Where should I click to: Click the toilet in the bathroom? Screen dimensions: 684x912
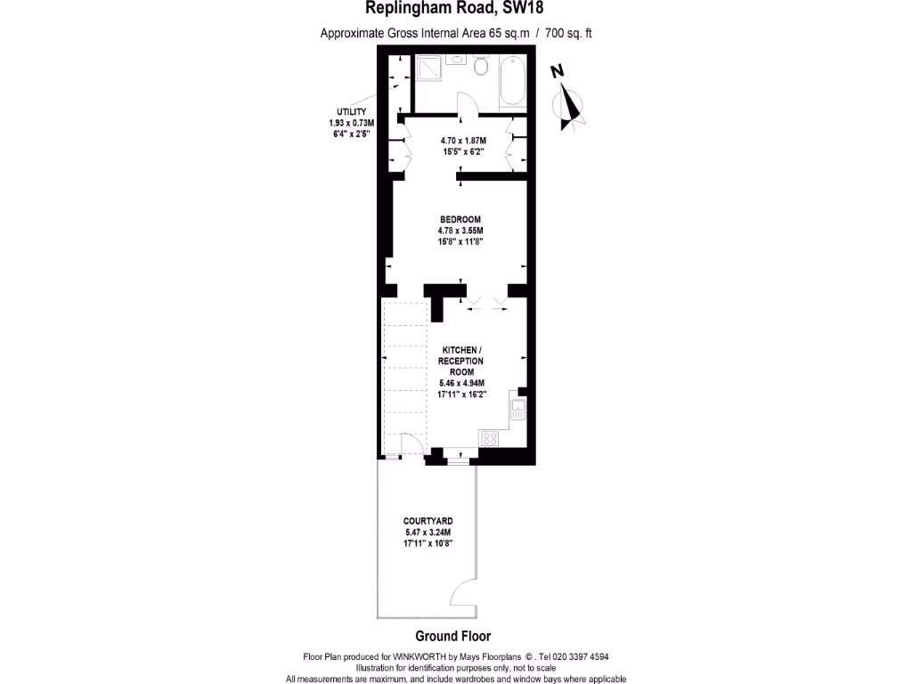482,66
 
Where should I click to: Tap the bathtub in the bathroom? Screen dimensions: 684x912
513,79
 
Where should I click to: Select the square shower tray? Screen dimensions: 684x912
429,68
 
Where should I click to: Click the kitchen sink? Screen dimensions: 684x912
519,411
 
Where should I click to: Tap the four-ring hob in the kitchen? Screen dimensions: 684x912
489,438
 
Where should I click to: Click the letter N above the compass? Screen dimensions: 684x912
558,72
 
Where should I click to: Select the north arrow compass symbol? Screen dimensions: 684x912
569,107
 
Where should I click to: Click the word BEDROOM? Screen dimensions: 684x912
460,220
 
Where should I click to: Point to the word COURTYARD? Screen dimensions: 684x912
427,521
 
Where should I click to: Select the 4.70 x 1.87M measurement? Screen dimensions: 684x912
463,141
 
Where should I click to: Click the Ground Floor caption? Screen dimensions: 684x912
453,636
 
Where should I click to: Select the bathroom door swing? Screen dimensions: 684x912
468,103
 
